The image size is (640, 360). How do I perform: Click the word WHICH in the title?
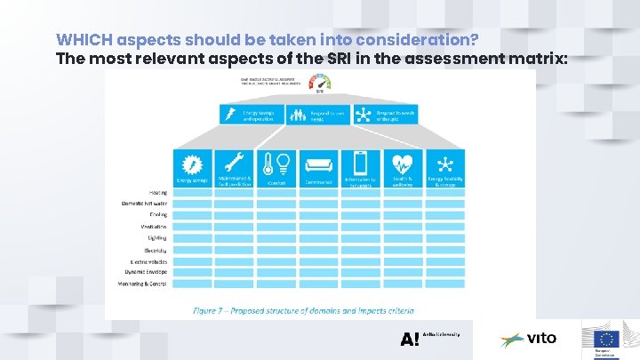coord(79,40)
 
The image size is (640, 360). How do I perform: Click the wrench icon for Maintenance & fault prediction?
coord(234,163)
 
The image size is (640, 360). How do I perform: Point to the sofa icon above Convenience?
coord(319,164)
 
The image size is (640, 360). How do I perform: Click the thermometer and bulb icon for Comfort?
coord(276,164)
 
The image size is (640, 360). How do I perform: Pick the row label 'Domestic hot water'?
coord(144,204)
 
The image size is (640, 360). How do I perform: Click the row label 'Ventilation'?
coord(153,227)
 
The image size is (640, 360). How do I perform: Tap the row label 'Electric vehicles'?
coord(146,261)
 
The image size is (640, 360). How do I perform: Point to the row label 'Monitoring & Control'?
coord(142,284)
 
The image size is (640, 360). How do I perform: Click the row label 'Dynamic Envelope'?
coord(146,273)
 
